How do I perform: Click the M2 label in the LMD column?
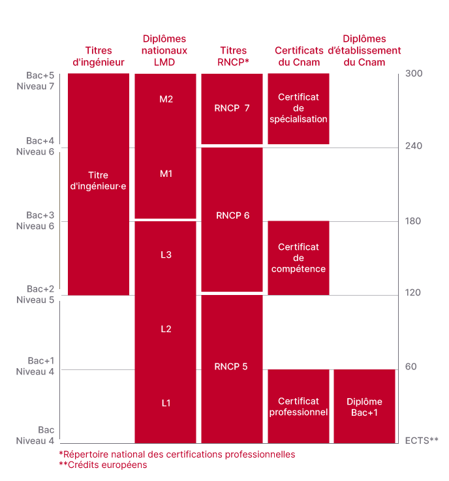coord(166,99)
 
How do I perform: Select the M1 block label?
coord(166,174)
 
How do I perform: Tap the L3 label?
coord(166,255)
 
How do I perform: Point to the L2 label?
coord(166,329)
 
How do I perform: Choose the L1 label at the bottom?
coord(166,403)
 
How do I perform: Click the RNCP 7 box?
coord(232,108)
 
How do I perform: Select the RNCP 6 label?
coord(232,215)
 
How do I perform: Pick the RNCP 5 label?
coord(231,367)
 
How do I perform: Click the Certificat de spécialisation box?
coord(298,108)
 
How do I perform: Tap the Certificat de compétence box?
coord(298,258)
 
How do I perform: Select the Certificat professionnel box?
coord(298,407)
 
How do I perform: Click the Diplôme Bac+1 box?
coord(365,407)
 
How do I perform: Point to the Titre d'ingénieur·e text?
coord(98,181)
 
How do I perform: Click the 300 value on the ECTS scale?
coord(414,73)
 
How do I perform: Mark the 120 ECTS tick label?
coord(413,292)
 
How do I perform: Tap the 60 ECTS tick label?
coord(410,367)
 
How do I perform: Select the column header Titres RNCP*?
coord(233,57)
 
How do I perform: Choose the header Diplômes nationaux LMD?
coord(164,50)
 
